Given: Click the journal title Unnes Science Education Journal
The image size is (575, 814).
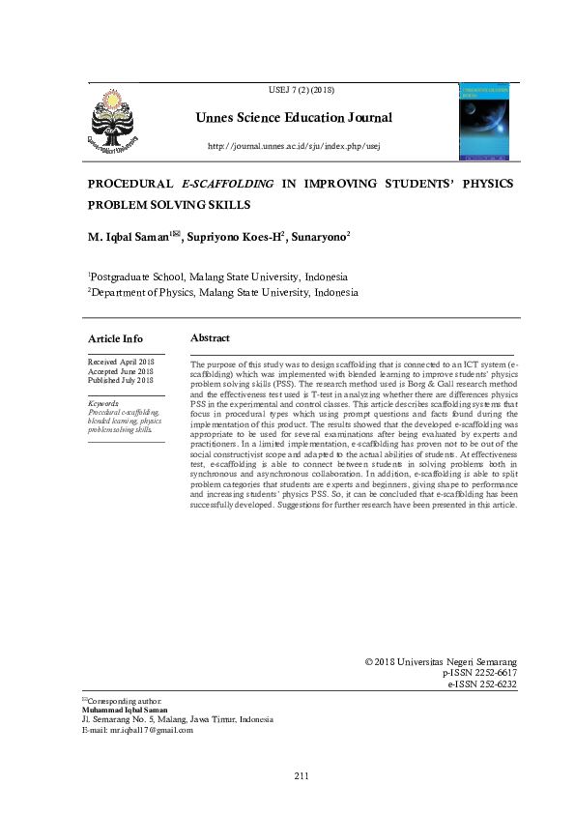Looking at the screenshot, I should tap(295, 118).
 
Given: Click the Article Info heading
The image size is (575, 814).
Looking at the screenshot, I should tap(115, 338).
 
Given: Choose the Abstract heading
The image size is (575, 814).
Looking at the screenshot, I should tap(210, 337).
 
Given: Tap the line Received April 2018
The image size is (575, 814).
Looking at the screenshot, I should tap(120, 361).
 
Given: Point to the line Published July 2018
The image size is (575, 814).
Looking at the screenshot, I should tap(121, 380).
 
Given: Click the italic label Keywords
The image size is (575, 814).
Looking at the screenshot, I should tap(103, 403).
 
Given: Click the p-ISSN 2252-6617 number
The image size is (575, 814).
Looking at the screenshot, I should tap(479, 672).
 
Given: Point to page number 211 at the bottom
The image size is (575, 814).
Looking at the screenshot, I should tap(302, 775).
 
